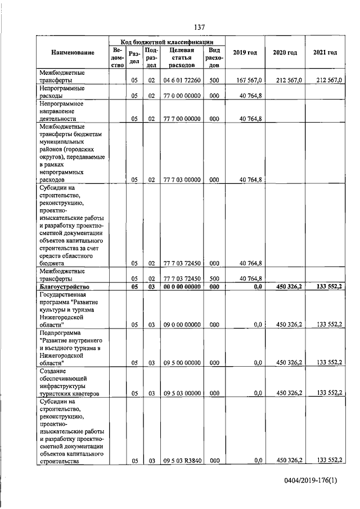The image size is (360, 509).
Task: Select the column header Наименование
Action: coord(73,53)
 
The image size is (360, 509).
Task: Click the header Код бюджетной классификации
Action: coord(168,42)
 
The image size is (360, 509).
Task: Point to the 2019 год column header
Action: coord(245,53)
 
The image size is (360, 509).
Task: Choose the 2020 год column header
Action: coord(285,53)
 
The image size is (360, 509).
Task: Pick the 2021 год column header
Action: coord(325,53)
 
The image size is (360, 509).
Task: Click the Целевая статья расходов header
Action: coord(182,57)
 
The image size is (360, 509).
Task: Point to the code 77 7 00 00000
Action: coord(182,119)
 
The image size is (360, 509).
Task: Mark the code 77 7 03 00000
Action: coord(182,180)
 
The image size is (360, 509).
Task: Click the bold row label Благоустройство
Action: coord(65,286)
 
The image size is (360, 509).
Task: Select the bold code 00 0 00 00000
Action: coord(182,286)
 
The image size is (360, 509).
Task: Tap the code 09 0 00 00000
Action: coord(182,325)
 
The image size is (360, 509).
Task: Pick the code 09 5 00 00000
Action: coord(182,363)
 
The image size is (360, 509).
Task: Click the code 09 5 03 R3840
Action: coord(182,461)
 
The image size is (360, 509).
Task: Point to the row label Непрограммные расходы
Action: coord(62,92)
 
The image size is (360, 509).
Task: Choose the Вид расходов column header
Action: coord(214,57)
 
